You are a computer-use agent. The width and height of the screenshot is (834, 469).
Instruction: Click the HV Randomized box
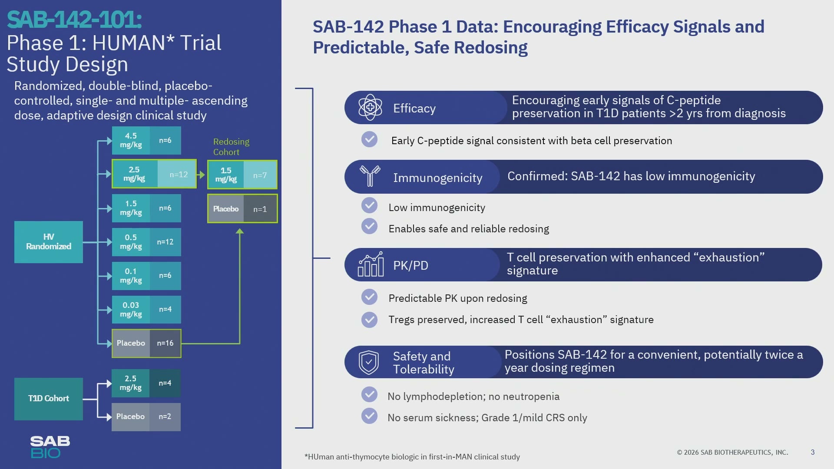pyautogui.click(x=49, y=242)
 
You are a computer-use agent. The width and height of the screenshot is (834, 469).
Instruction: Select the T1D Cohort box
pyautogui.click(x=49, y=399)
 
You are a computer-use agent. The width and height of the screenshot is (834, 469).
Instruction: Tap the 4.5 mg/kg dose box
pyautogui.click(x=131, y=140)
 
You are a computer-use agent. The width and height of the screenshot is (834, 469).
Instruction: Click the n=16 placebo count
pyautogui.click(x=165, y=343)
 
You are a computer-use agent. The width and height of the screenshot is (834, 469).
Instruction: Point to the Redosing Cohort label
pyautogui.click(x=231, y=147)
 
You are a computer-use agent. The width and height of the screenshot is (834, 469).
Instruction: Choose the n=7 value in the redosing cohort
pyautogui.click(x=260, y=175)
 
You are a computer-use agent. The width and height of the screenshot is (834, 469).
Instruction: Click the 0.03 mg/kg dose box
pyautogui.click(x=131, y=310)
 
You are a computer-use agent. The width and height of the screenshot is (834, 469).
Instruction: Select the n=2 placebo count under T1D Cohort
pyautogui.click(x=165, y=416)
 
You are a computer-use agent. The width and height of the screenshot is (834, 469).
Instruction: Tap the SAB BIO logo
pyautogui.click(x=50, y=447)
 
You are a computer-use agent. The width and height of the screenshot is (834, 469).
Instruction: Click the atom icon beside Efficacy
pyautogui.click(x=370, y=107)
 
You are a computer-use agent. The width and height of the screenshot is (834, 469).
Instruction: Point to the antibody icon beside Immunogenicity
pyautogui.click(x=370, y=176)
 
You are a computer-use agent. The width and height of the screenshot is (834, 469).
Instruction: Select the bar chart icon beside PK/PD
pyautogui.click(x=371, y=264)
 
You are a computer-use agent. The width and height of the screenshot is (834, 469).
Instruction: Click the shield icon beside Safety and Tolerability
pyautogui.click(x=369, y=362)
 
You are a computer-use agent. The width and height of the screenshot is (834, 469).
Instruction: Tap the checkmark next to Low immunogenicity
pyautogui.click(x=370, y=205)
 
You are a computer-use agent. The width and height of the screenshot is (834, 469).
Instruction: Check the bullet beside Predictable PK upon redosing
pyautogui.click(x=370, y=297)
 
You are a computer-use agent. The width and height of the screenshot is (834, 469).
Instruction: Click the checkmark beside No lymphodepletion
pyautogui.click(x=370, y=394)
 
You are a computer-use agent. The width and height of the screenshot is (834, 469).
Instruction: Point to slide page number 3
pyautogui.click(x=813, y=452)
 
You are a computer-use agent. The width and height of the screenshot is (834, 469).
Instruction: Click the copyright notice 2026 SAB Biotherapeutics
pyautogui.click(x=732, y=452)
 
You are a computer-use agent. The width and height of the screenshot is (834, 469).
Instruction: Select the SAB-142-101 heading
pyautogui.click(x=74, y=20)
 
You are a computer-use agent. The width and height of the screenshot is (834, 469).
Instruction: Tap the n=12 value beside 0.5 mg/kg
pyautogui.click(x=165, y=242)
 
